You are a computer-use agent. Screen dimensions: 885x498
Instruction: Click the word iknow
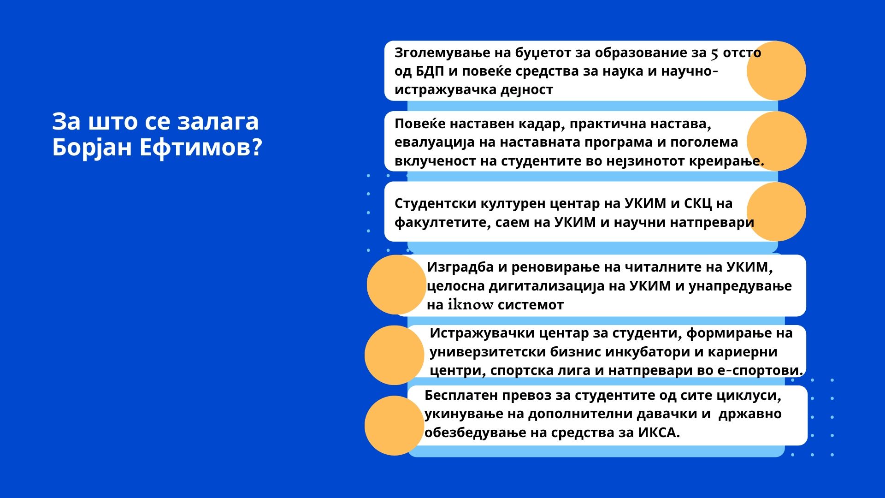pyautogui.click(x=471, y=305)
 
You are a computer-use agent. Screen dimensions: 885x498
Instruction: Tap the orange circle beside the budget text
pyautogui.click(x=776, y=71)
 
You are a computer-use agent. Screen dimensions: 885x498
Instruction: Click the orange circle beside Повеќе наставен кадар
pyautogui.click(x=777, y=141)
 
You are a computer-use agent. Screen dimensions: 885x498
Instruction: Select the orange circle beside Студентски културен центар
pyautogui.click(x=776, y=211)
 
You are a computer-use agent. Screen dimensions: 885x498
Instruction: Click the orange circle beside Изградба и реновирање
pyautogui.click(x=396, y=285)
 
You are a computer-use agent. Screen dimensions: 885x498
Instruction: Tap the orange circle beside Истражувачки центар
pyautogui.click(x=394, y=355)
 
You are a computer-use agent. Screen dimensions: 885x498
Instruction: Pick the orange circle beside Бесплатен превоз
pyautogui.click(x=394, y=426)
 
